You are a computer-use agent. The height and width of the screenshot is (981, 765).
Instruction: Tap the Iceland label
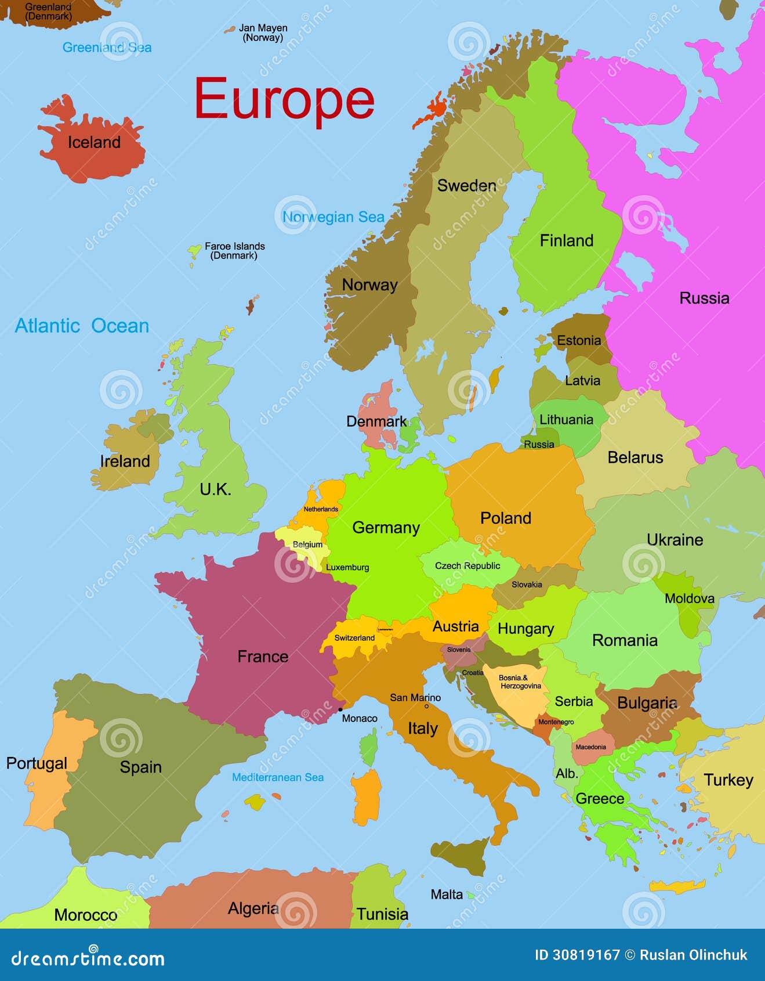[94, 142]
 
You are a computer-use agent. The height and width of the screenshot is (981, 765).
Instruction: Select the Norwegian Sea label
[333, 217]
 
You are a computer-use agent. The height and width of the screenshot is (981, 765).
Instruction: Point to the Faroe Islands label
[234, 251]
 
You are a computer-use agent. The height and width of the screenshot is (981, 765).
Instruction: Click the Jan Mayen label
[263, 33]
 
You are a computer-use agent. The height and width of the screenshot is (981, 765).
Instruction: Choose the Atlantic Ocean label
[82, 326]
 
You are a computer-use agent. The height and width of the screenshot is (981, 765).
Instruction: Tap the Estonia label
[579, 341]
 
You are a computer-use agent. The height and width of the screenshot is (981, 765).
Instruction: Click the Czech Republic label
[467, 565]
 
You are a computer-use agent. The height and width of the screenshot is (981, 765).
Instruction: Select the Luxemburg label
[347, 567]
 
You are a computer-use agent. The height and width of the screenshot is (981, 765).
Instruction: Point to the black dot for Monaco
[340, 709]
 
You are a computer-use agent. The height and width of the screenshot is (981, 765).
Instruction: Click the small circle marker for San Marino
[426, 706]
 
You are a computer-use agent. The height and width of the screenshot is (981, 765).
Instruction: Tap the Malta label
[447, 895]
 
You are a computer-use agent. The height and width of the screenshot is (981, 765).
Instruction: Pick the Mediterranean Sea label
[278, 777]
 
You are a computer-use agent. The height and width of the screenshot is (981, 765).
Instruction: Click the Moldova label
[689, 598]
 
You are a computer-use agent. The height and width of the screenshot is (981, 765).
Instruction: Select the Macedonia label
[590, 747]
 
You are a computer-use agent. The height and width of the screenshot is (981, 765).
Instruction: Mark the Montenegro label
[556, 722]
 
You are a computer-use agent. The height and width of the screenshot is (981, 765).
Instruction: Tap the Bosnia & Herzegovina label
[520, 681]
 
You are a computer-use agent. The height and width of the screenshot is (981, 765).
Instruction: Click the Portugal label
[37, 763]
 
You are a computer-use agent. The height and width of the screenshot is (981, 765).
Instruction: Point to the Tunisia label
[382, 914]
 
